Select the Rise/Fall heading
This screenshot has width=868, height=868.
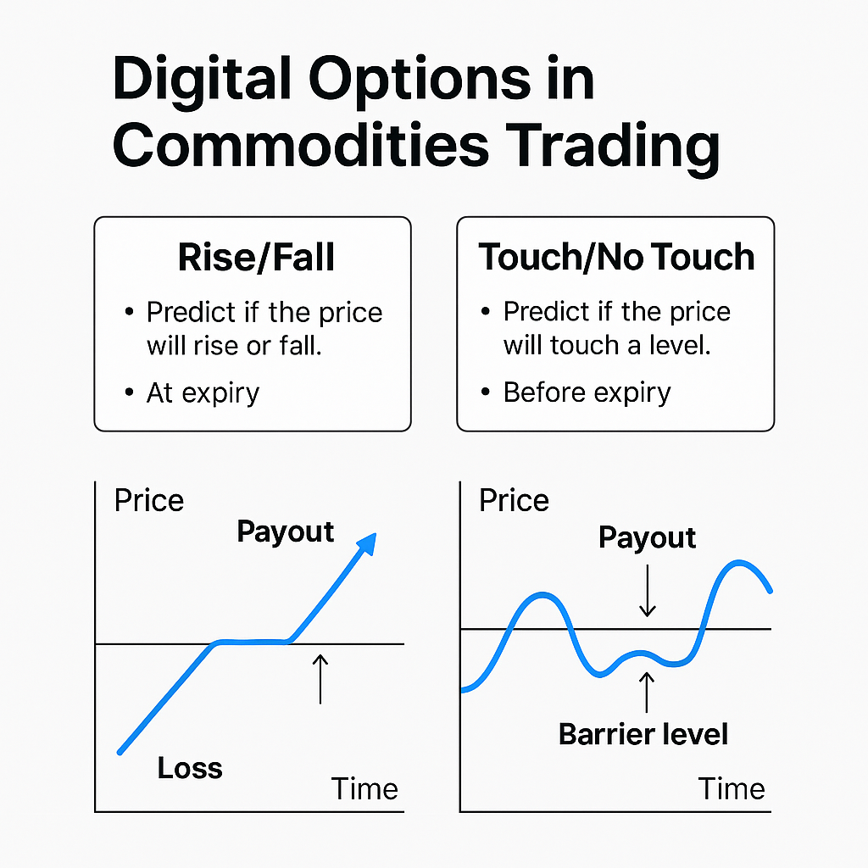tap(256, 258)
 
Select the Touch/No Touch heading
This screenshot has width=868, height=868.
tap(616, 258)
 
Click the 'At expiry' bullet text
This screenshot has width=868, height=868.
tap(203, 392)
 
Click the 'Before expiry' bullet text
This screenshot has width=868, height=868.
tap(587, 392)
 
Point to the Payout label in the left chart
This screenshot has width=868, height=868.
tap(286, 531)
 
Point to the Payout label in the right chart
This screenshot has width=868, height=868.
tap(648, 537)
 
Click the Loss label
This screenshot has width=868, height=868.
tap(190, 768)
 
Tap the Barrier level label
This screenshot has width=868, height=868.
tap(643, 733)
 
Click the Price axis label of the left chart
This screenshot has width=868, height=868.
tap(148, 500)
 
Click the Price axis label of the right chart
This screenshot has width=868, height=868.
tap(514, 500)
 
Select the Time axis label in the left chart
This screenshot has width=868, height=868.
tap(364, 788)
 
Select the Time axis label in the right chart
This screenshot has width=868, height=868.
tap(732, 788)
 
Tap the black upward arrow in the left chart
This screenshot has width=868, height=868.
tap(320, 678)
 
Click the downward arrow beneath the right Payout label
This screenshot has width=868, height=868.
tap(648, 592)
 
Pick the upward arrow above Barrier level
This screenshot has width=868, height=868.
tap(647, 691)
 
